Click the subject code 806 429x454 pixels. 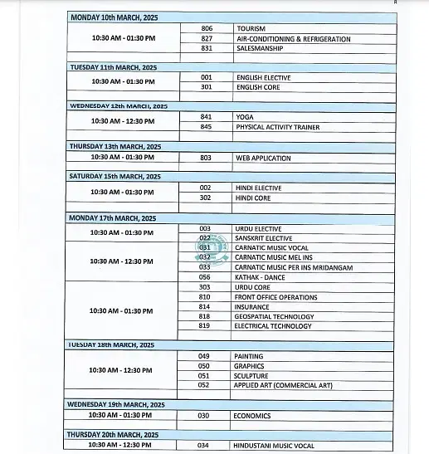[x=207, y=28]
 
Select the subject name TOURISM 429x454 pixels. [x=251, y=28]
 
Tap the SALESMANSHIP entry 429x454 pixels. [x=261, y=48]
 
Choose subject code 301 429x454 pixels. [x=207, y=87]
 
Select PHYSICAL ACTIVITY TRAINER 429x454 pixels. [x=277, y=127]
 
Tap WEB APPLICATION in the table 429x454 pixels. [x=263, y=158]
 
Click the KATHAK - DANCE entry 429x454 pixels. [x=261, y=277]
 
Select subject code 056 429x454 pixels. [x=205, y=277]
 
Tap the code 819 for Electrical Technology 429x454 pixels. [x=205, y=326]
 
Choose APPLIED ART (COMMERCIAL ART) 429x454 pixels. [x=283, y=385]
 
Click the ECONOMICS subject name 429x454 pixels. [x=252, y=415]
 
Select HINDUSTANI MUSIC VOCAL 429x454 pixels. [x=274, y=446]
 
